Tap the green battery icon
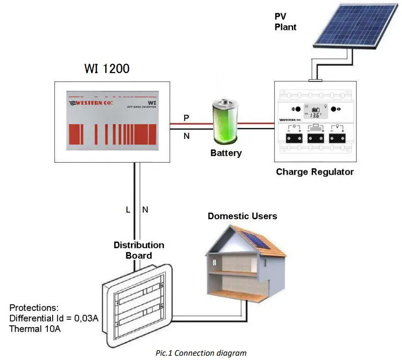pos(226,122)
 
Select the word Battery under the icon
pos(226,153)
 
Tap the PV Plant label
pos(286,22)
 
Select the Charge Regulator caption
pos(315,172)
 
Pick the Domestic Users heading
pos(242,216)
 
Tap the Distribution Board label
pos(138,250)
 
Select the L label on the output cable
pos(128,210)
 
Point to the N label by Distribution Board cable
pos(145,210)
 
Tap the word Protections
pos(34,308)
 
